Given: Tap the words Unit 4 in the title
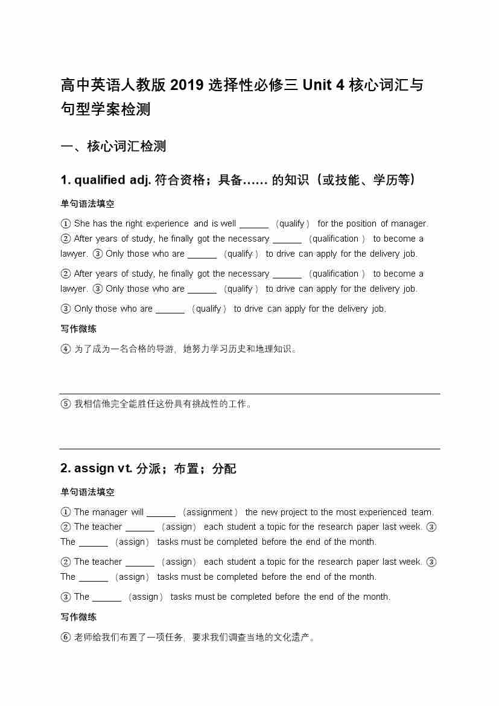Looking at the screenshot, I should [323, 85].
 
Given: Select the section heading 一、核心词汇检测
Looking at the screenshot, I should [113, 146].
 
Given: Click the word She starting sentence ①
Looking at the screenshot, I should [82, 223].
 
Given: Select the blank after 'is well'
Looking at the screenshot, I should [253, 224].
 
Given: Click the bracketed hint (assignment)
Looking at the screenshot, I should [210, 512].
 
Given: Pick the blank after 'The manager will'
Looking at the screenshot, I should [161, 513].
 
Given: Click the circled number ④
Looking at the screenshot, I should [66, 349].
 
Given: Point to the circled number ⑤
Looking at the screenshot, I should [66, 404].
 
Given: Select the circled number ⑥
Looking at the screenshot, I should [66, 637].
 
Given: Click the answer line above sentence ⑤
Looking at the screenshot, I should [250, 394].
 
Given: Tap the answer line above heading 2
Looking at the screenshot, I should [250, 449].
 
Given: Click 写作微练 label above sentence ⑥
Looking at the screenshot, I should [78, 617].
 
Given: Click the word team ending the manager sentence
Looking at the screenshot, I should [422, 512].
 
